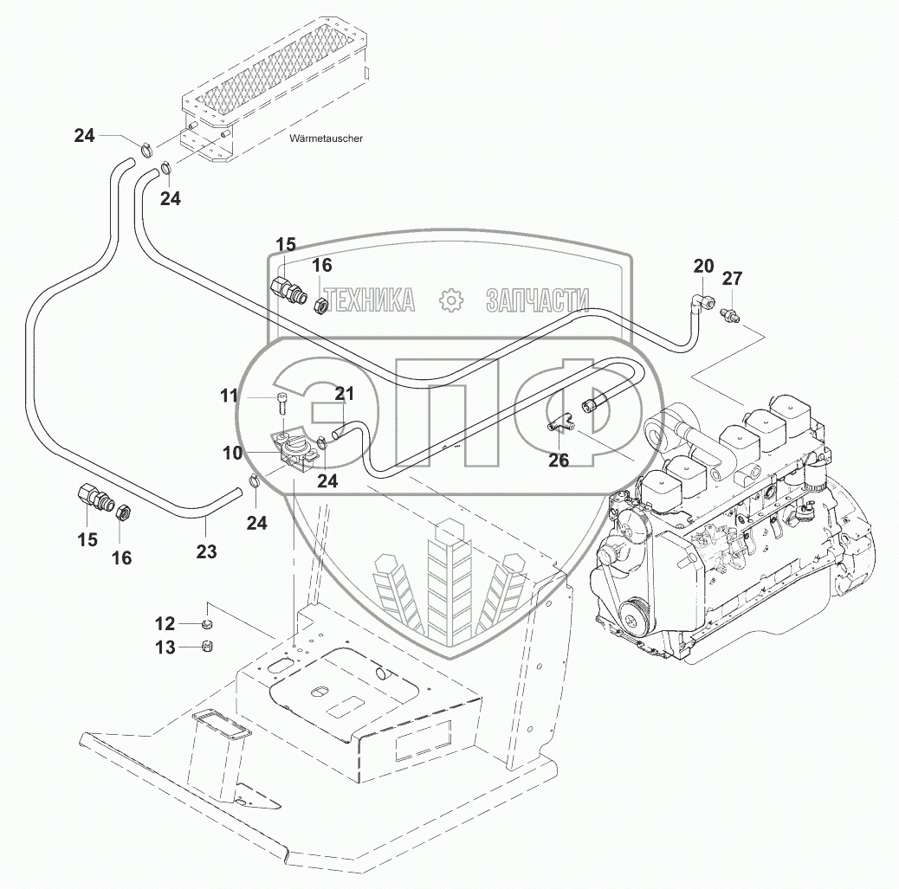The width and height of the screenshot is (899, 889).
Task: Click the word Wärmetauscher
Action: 326,139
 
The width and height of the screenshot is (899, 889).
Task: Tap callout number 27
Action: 732,278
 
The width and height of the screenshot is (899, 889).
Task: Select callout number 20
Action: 703,266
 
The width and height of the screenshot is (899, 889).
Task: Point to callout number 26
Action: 559,461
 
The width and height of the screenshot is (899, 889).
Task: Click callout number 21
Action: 344,394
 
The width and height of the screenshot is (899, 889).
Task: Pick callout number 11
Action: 230,396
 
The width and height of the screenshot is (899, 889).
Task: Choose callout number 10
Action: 233,453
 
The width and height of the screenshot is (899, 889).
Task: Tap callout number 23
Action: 206,551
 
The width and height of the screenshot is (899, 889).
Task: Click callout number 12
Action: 165,623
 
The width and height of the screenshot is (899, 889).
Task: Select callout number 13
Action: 165,647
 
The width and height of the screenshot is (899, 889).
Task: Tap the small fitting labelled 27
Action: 729,313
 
